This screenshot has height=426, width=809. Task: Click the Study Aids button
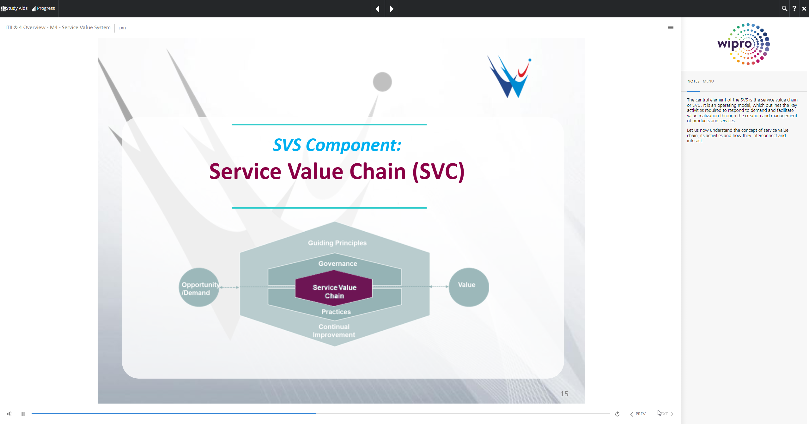(15, 9)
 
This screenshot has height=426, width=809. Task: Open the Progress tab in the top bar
(44, 9)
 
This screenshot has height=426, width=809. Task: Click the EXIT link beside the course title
(122, 28)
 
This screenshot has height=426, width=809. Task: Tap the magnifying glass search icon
(784, 9)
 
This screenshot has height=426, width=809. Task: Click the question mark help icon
(794, 9)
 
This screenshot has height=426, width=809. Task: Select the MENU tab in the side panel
(708, 81)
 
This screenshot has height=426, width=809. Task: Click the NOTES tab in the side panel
(693, 81)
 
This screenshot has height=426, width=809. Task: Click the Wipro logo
(744, 44)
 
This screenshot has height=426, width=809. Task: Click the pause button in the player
(23, 414)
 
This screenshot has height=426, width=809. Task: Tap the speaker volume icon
(10, 414)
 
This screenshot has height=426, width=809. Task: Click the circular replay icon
(617, 414)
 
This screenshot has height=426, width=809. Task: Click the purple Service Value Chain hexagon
(334, 291)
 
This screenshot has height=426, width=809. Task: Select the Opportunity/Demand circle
(199, 288)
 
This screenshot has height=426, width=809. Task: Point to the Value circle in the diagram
(469, 287)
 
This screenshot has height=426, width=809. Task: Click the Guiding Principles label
(337, 243)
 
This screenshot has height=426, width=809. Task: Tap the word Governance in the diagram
(338, 264)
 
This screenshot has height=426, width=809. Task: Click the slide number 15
(564, 394)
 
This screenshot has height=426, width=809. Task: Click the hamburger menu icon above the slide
(671, 27)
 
